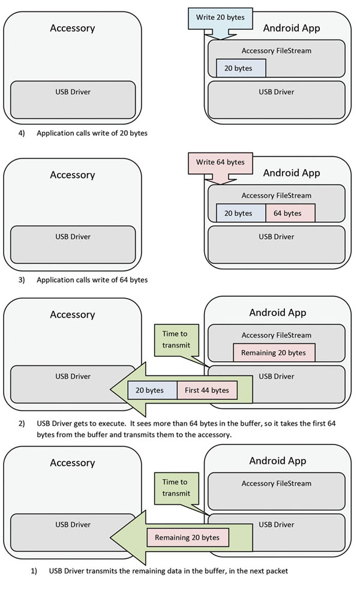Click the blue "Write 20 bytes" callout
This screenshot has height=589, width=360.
coord(220,17)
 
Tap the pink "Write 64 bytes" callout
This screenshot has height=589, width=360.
coord(220,162)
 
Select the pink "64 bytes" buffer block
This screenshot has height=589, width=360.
coord(290,213)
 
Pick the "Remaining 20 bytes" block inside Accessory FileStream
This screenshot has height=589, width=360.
coord(274,353)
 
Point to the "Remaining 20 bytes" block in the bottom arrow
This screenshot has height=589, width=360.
coord(188,537)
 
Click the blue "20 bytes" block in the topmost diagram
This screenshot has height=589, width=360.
coord(241,68)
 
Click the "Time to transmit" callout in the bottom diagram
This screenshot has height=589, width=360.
coord(176,487)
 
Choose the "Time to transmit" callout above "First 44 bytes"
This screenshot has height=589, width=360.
coord(176,339)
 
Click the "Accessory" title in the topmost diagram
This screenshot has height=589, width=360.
coord(72,28)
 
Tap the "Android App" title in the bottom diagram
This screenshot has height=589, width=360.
coord(277,461)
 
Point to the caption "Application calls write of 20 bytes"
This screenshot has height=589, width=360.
coord(92,133)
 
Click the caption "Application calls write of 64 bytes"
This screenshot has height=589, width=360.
coord(92,280)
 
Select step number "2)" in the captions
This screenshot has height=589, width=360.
coord(22,423)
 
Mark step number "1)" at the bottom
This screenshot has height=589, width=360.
coord(34,571)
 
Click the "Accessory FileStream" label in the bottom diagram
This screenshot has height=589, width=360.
coord(277,483)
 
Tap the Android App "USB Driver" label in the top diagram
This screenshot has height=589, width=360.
coord(277,92)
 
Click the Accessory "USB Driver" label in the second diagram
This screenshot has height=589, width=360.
coord(73,236)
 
